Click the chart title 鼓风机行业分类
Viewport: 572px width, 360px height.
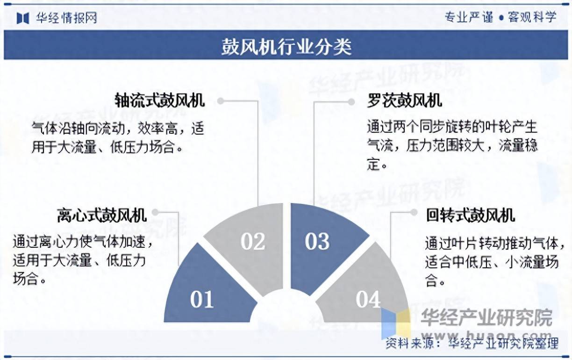tap(286, 47)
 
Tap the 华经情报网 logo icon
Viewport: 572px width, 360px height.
tap(23, 18)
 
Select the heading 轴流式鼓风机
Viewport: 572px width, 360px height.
tap(160, 101)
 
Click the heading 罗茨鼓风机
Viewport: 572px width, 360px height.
tap(404, 101)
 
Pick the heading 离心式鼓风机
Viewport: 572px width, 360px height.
tap(102, 215)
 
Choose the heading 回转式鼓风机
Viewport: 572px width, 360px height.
tap(470, 215)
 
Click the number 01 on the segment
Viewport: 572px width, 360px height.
tap(202, 300)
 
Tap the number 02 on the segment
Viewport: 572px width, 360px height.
tap(253, 241)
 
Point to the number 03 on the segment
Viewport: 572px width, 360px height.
tap(317, 241)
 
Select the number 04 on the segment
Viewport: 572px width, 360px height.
tap(368, 300)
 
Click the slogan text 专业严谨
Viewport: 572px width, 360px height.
tap(468, 18)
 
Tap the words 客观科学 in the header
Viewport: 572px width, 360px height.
tap(532, 18)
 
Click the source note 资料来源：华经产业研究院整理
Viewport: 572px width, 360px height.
tap(472, 344)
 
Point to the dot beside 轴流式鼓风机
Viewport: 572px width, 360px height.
tap(220, 101)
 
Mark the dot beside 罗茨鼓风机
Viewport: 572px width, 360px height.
tap(351, 101)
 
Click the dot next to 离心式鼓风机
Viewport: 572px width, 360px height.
tap(155, 212)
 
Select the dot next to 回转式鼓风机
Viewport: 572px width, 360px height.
tap(414, 212)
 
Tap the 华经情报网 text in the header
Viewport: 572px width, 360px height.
tap(66, 18)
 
